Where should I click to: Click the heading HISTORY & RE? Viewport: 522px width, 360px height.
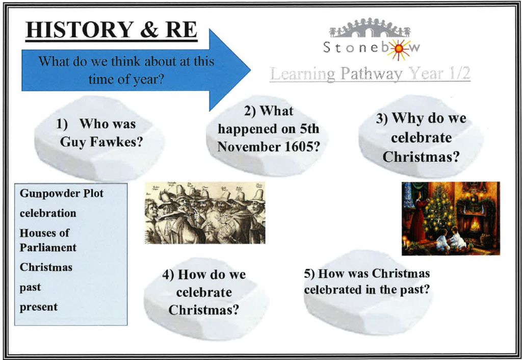pyautogui.click(x=112, y=30)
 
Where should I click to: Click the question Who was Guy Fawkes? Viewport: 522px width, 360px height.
pyautogui.click(x=99, y=133)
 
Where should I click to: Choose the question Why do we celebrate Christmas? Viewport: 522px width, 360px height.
pyautogui.click(x=421, y=137)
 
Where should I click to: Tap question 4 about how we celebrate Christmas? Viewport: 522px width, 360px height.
pyautogui.click(x=204, y=292)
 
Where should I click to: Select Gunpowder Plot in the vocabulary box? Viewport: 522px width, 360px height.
pyautogui.click(x=62, y=193)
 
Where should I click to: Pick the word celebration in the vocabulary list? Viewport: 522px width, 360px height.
pyautogui.click(x=48, y=213)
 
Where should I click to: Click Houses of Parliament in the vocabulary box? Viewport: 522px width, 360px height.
pyautogui.click(x=48, y=240)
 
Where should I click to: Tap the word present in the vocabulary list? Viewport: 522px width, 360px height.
pyautogui.click(x=39, y=307)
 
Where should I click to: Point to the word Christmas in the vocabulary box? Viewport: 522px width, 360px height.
pyautogui.click(x=46, y=267)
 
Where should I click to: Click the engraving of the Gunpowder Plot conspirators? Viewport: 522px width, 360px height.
pyautogui.click(x=205, y=213)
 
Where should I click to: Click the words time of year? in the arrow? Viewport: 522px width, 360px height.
pyautogui.click(x=126, y=80)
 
